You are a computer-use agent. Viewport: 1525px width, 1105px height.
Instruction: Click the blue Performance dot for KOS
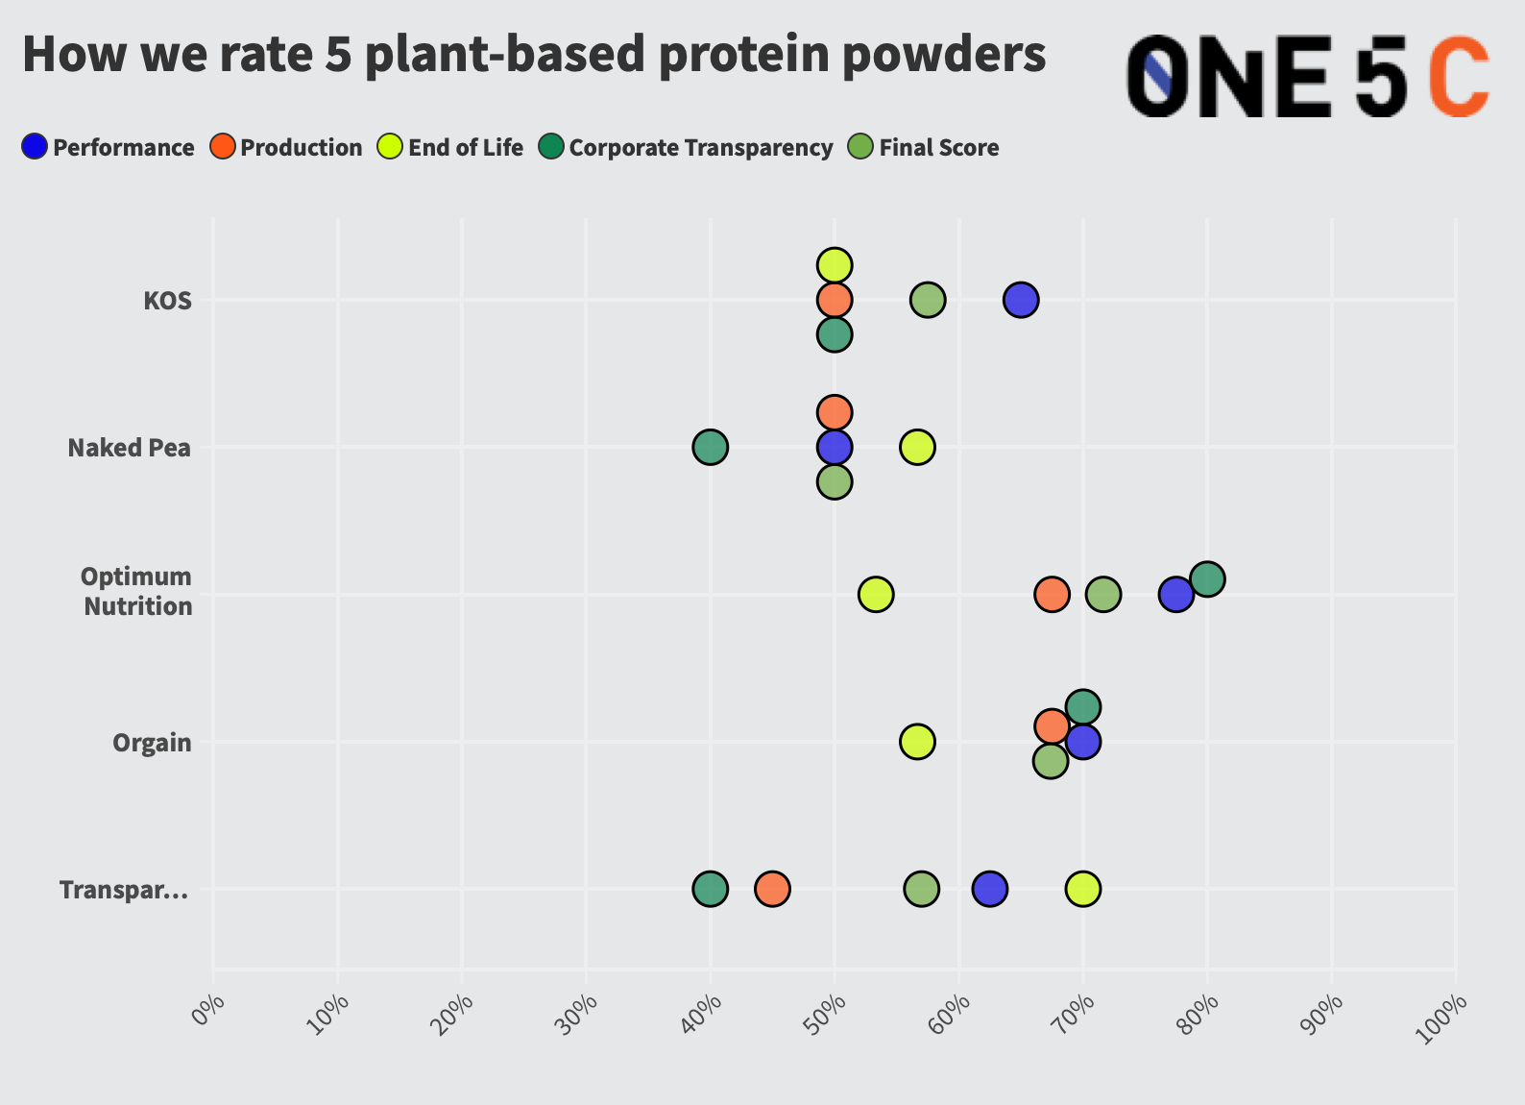pyautogui.click(x=1020, y=300)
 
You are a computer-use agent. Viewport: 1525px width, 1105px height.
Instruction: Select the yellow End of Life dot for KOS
pyautogui.click(x=835, y=264)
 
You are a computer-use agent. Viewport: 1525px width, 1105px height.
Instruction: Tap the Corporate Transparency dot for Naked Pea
pyautogui.click(x=710, y=447)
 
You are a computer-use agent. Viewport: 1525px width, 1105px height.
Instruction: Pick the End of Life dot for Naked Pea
pyautogui.click(x=917, y=447)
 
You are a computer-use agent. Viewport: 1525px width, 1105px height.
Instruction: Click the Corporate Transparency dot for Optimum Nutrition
pyautogui.click(x=1207, y=578)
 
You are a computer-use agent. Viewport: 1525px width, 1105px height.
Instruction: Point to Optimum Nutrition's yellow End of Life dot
pyautogui.click(x=875, y=594)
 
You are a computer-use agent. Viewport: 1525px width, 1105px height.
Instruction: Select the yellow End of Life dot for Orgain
pyautogui.click(x=917, y=741)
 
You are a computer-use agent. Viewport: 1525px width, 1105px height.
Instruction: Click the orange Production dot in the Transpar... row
pyautogui.click(x=772, y=889)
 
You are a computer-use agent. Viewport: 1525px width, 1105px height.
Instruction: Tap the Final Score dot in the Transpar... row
pyautogui.click(x=921, y=889)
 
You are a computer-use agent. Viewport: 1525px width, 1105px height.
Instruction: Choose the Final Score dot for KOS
pyautogui.click(x=927, y=300)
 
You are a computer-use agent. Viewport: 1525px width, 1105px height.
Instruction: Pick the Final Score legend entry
pyautogui.click(x=924, y=147)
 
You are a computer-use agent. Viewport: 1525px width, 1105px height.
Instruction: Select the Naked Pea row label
pyautogui.click(x=130, y=448)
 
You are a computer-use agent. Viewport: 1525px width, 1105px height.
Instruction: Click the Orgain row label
pyautogui.click(x=152, y=743)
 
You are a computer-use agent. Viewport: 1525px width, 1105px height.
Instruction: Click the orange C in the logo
pyautogui.click(x=1458, y=77)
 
